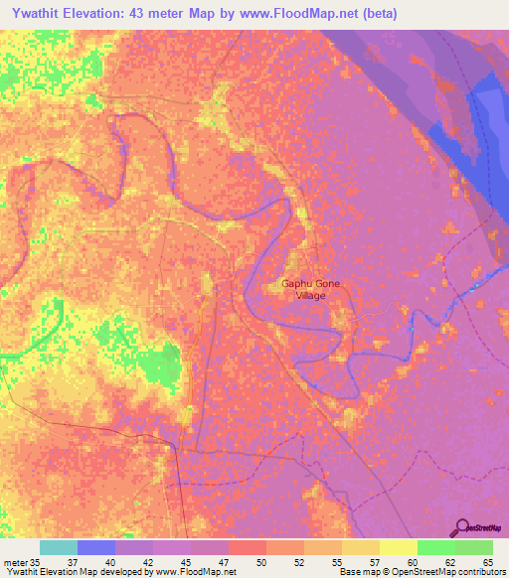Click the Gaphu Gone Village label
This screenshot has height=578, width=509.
pos(310,290)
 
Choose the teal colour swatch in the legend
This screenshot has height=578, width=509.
pos(59,547)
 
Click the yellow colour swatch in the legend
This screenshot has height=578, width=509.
pos(397,547)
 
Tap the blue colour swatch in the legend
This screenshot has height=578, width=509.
pos(96,547)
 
